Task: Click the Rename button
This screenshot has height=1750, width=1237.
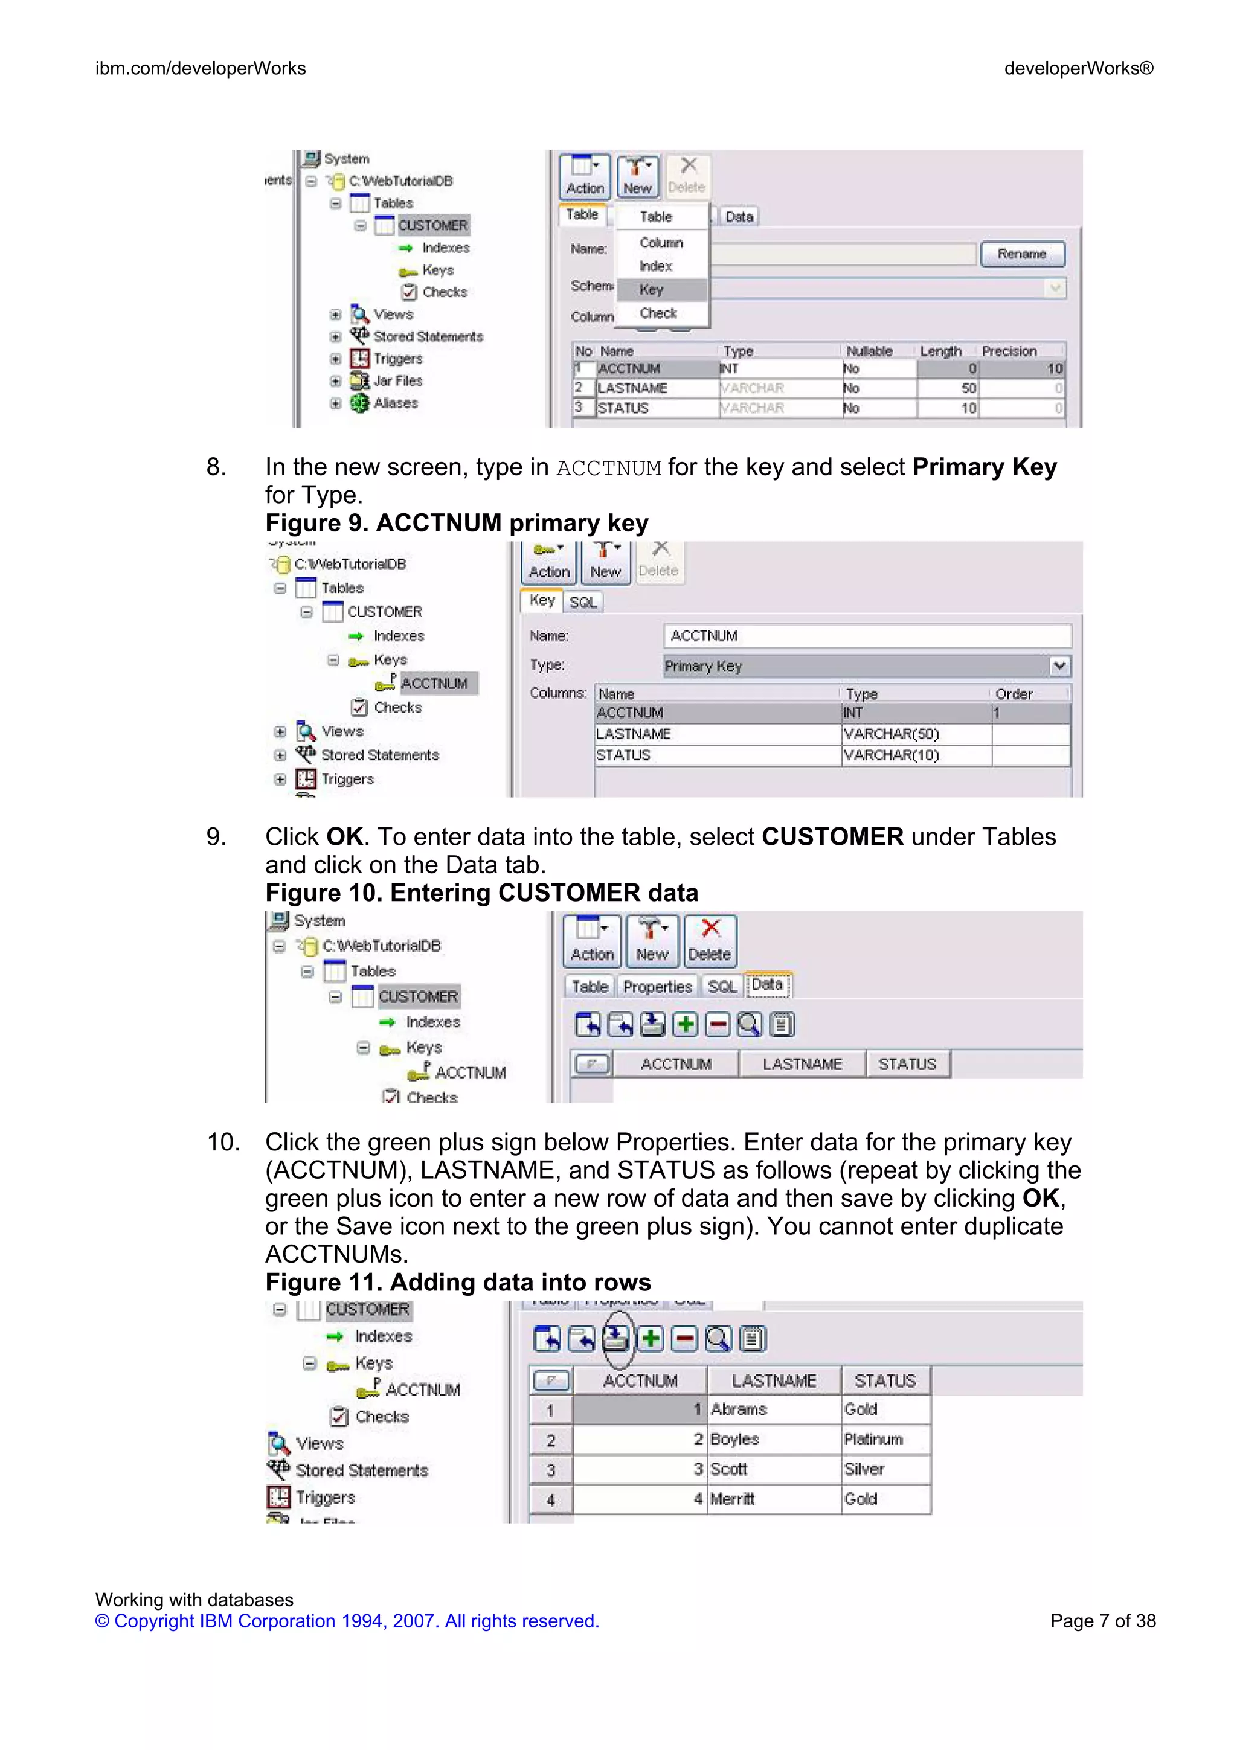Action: tap(1021, 254)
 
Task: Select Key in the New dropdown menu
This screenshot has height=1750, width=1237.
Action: tap(652, 290)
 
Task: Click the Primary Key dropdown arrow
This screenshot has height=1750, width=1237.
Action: tap(1059, 665)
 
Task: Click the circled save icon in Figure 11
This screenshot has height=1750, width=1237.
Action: tap(616, 1338)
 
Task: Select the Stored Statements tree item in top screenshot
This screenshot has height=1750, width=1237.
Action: tap(428, 336)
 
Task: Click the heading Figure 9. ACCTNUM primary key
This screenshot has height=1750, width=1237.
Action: tap(457, 523)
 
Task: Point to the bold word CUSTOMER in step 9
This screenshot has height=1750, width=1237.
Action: tap(832, 837)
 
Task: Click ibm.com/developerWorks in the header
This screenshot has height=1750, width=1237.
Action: tap(201, 69)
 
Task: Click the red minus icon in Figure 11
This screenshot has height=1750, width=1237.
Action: tap(684, 1338)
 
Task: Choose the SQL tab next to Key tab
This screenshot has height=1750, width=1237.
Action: tap(583, 602)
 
